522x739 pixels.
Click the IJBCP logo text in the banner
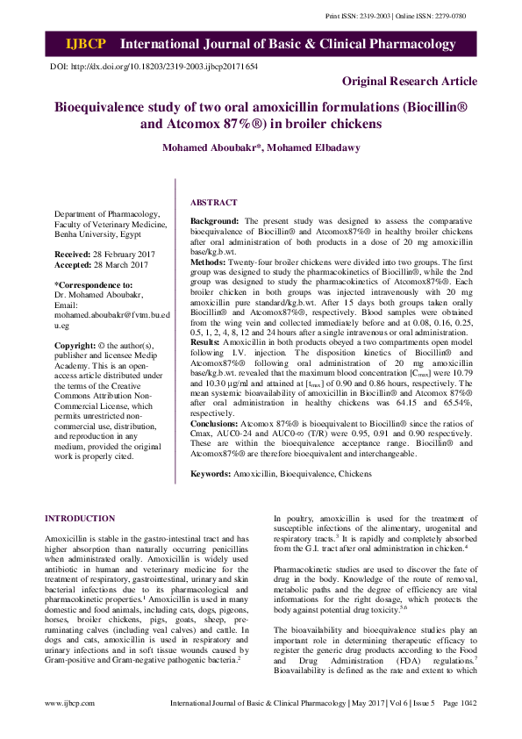click(85, 44)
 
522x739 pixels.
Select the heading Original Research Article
click(410, 81)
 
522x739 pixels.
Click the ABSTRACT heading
click(213, 202)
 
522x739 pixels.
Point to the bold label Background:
click(215, 221)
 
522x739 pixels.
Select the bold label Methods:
click(209, 262)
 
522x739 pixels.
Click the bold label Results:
click(207, 341)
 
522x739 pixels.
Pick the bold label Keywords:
click(211, 474)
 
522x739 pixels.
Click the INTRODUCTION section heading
click(80, 519)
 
